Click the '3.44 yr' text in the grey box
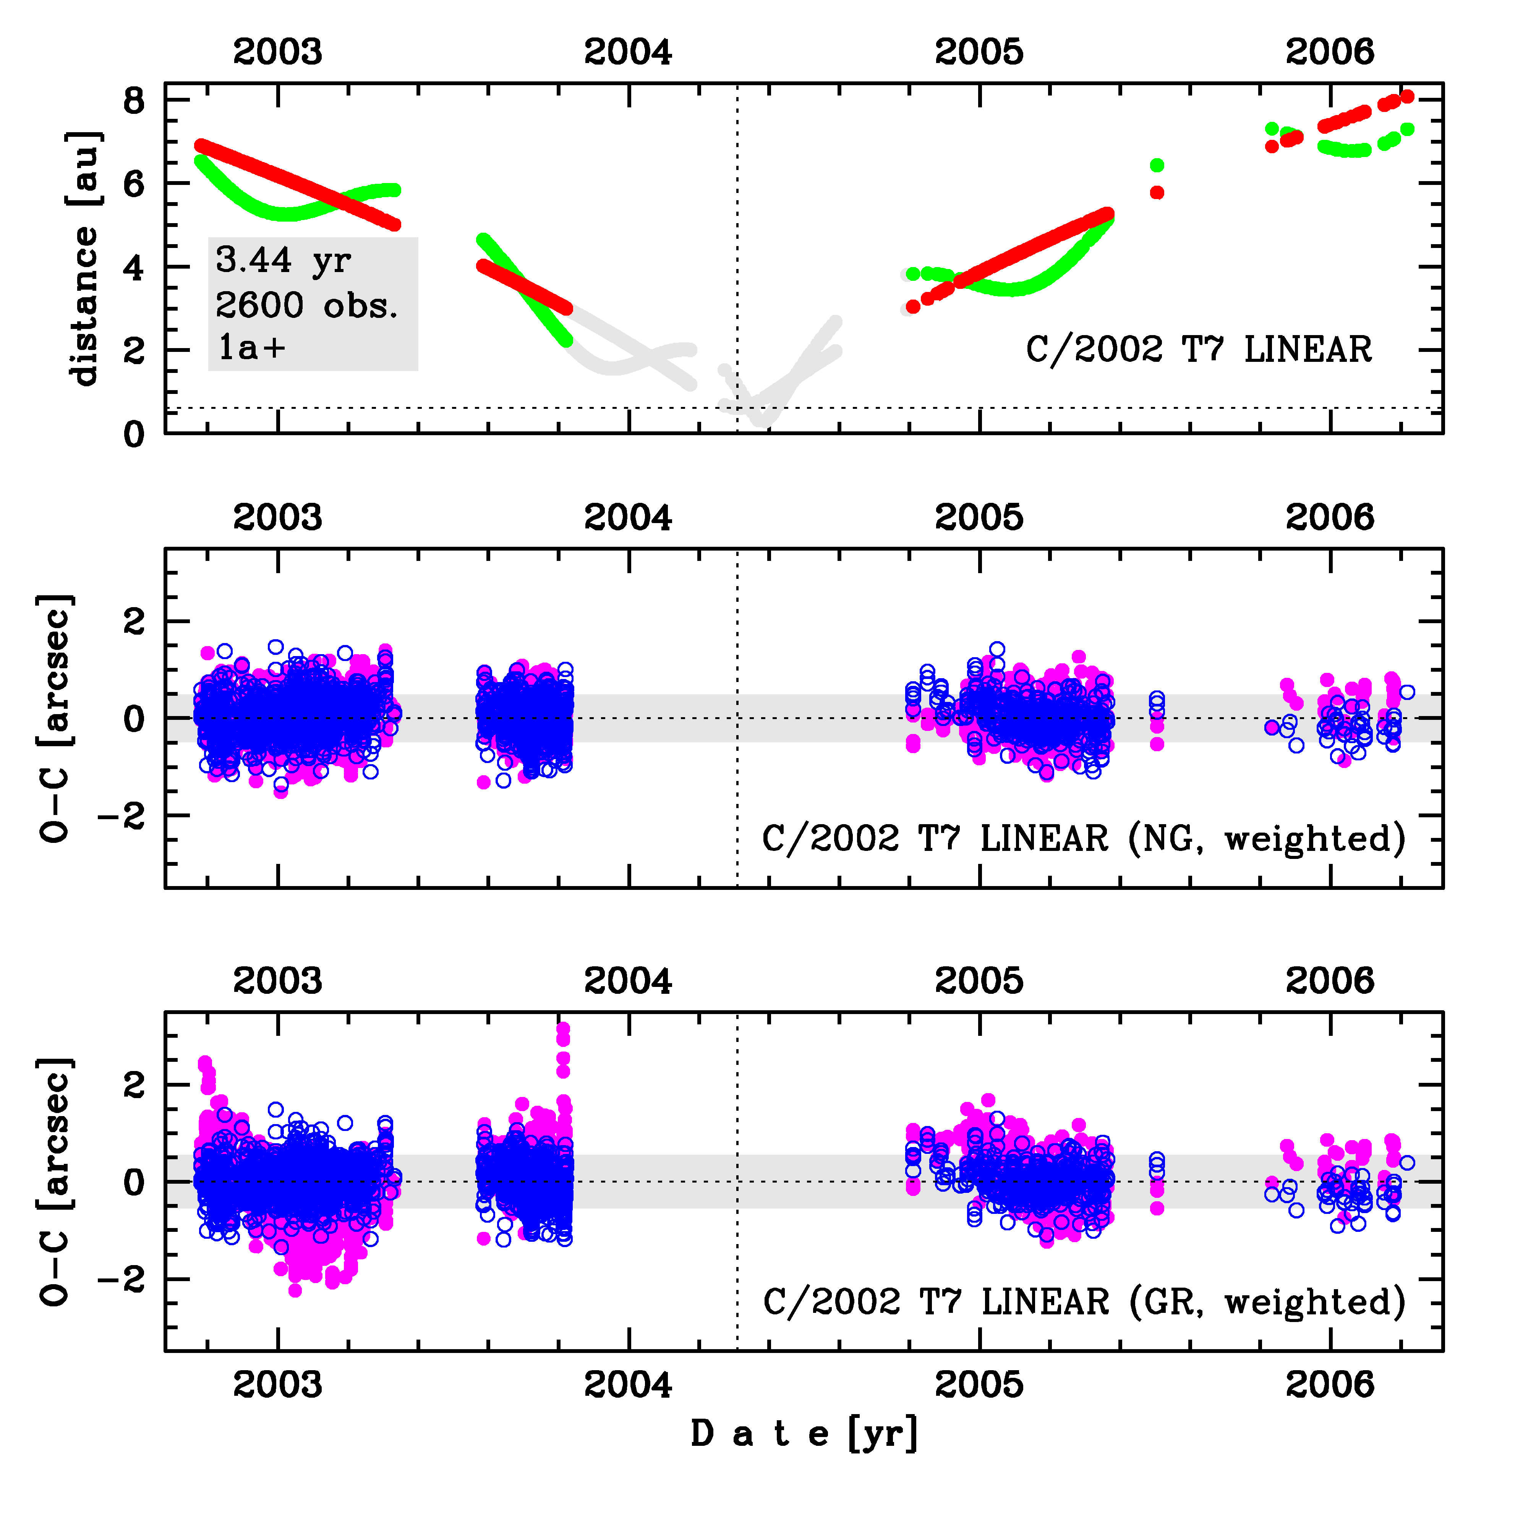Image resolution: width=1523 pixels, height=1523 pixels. [283, 260]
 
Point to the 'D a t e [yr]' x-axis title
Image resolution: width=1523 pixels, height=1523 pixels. [804, 1433]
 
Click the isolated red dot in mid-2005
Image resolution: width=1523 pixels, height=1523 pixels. [1157, 192]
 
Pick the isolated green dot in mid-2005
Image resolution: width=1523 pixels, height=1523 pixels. [1157, 165]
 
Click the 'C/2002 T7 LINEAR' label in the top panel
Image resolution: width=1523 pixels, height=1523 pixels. [1198, 349]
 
